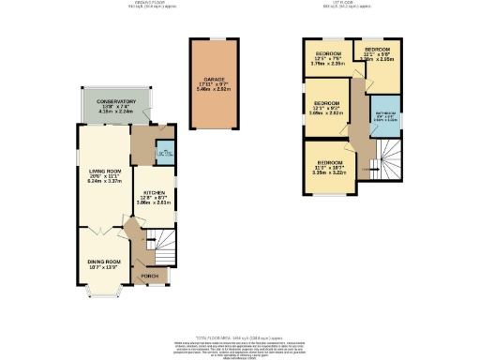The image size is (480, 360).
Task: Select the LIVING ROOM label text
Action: [99, 171]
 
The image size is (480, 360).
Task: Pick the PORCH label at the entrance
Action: [147, 277]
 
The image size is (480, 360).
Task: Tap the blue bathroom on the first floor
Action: [385, 117]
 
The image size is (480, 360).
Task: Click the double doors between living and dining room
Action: [100, 230]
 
